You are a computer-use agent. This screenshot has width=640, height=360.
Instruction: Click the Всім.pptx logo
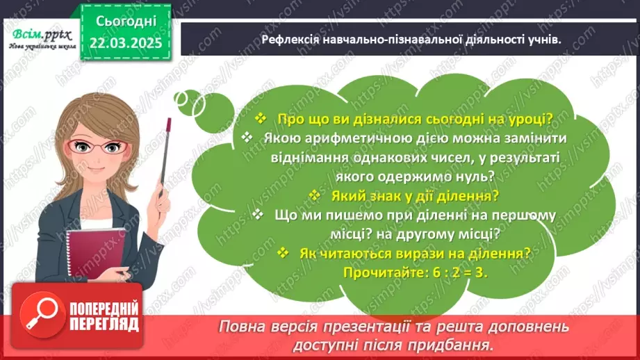point(39,33)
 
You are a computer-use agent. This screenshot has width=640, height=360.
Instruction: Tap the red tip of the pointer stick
point(168,122)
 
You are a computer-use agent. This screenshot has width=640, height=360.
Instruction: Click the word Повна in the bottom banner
point(239,326)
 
